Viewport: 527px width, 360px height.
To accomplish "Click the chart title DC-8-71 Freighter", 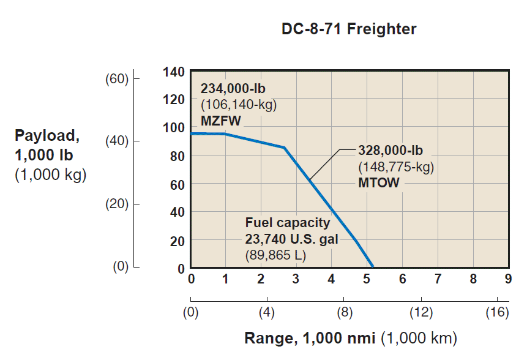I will (x=348, y=29).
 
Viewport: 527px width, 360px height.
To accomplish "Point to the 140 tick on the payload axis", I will (x=174, y=72).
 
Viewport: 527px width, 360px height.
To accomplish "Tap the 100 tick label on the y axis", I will (x=174, y=127).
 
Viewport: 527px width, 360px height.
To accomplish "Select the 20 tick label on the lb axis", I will (x=177, y=241).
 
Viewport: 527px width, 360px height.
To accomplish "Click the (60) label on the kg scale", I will (x=115, y=79).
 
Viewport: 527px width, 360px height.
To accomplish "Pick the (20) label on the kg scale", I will (x=115, y=204).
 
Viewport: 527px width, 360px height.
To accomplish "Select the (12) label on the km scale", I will (x=421, y=313).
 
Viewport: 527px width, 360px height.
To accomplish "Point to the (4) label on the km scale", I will (x=267, y=313).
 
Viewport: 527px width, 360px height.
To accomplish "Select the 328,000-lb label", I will (x=390, y=151).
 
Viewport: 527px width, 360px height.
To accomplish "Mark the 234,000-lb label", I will (x=233, y=88).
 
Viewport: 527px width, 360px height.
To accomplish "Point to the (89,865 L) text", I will (x=275, y=253).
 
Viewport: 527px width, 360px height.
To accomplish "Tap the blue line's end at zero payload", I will (x=372, y=266).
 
